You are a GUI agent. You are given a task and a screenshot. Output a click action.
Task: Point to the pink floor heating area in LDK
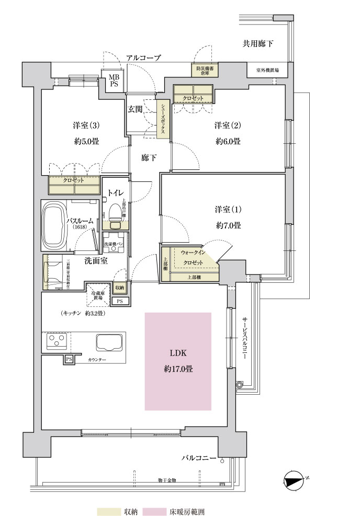tap(178, 361)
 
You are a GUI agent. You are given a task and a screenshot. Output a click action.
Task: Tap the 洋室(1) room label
tap(227, 210)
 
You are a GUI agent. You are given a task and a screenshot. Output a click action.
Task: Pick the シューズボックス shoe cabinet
tap(163, 119)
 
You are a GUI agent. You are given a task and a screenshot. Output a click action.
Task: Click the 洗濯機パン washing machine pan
tap(112, 244)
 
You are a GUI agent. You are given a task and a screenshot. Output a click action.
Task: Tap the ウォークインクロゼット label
tap(192, 257)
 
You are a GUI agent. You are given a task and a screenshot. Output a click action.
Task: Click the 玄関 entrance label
tap(135, 109)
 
